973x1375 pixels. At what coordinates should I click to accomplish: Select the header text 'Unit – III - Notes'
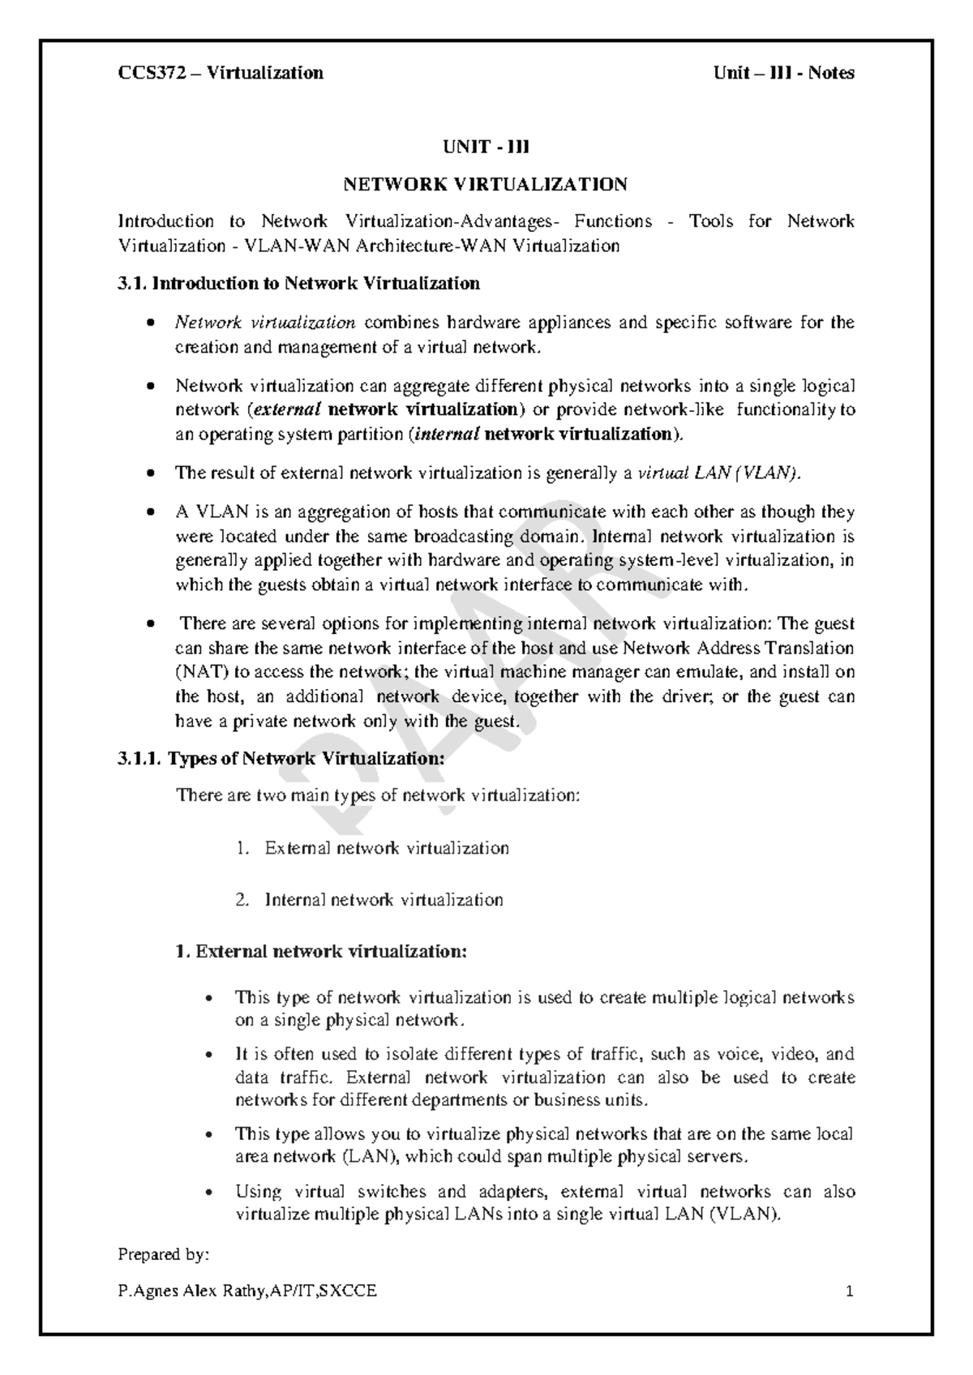(783, 73)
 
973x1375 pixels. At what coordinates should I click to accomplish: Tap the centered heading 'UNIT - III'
(486, 147)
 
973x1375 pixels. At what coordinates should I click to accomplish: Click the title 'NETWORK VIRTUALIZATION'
(486, 184)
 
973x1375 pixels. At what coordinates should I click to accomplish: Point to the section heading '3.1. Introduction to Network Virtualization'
(298, 283)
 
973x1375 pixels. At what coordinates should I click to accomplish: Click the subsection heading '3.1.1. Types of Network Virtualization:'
(281, 759)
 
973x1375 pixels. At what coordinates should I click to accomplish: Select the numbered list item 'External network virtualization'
(387, 848)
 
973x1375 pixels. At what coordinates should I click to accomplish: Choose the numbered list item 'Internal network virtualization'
(384, 899)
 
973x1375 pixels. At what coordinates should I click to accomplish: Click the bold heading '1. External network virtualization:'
(321, 951)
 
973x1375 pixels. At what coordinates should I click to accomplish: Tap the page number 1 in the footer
(850, 1291)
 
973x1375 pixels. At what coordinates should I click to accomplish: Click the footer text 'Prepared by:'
(163, 1254)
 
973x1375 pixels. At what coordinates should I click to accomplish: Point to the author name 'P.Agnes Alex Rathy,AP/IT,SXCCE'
(247, 1291)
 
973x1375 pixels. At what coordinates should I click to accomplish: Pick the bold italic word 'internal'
(445, 434)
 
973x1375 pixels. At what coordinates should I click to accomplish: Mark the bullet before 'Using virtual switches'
(210, 1193)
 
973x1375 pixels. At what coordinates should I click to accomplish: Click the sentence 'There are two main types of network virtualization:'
(378, 795)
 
